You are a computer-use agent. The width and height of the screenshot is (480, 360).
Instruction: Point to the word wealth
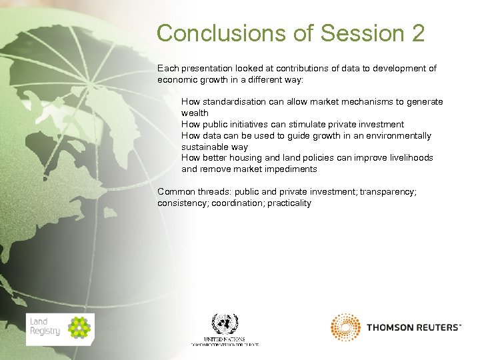click(195, 113)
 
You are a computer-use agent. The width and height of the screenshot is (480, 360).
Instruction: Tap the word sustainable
click(205, 147)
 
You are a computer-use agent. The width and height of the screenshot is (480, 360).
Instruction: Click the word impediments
click(288, 169)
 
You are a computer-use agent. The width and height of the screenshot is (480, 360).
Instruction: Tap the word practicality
click(289, 203)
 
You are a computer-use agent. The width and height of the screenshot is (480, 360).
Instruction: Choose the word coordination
click(237, 203)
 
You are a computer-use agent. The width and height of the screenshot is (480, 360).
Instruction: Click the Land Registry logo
click(60, 329)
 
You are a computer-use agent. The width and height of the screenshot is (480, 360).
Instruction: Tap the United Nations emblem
click(225, 324)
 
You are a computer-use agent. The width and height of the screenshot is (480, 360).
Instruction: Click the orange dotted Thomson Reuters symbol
click(345, 327)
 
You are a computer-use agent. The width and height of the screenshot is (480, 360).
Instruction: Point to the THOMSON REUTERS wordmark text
click(413, 327)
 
